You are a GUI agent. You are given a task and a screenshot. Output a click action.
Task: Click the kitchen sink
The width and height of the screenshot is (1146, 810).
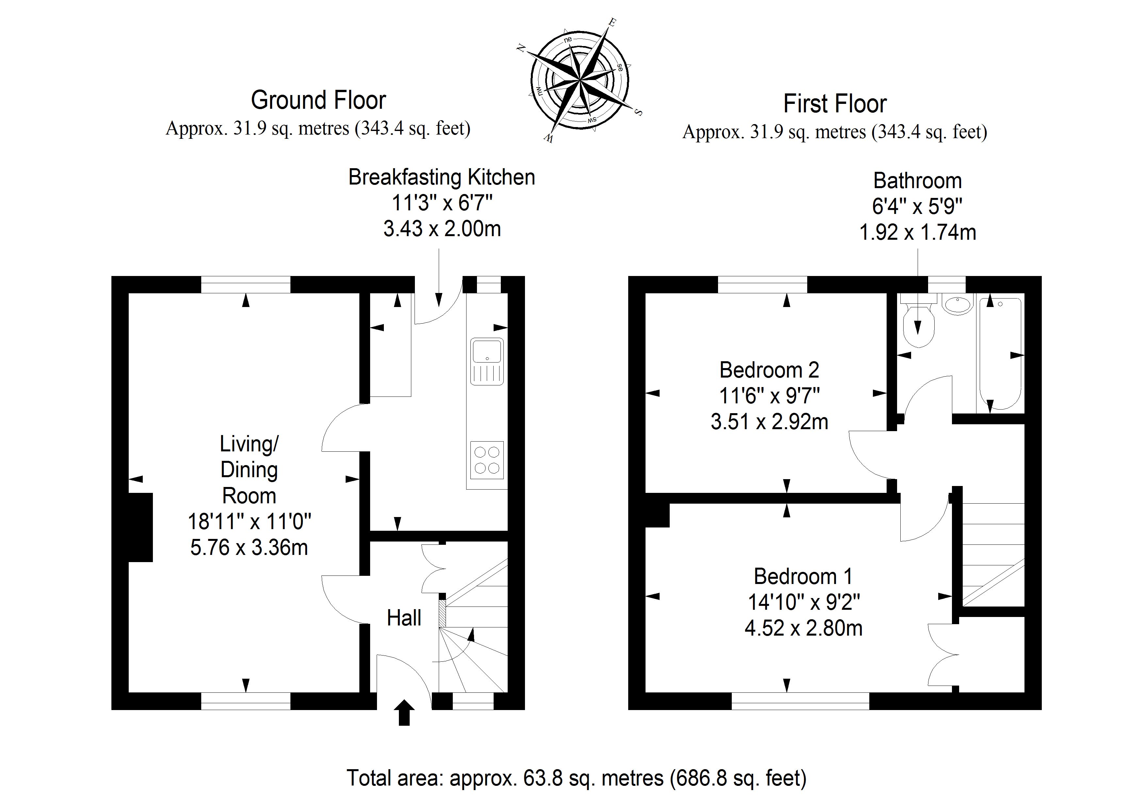487,361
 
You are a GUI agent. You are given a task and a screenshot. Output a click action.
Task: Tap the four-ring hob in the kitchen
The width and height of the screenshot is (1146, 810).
487,460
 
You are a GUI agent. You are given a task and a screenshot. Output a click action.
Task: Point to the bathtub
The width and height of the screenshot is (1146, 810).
1000,353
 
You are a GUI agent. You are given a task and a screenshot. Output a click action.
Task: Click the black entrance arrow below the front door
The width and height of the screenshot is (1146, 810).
404,712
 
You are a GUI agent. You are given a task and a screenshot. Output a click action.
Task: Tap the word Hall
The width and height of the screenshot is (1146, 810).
404,618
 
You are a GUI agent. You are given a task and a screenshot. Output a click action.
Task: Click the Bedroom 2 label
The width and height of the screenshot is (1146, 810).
769,370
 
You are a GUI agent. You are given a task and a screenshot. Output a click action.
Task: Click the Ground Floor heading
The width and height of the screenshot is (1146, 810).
319,100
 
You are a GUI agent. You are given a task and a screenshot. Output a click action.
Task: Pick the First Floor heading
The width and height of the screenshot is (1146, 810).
835,104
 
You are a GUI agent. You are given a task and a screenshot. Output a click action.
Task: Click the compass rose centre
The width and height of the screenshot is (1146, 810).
580,80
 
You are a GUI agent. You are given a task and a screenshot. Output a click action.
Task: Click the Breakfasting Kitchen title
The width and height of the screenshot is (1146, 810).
442,177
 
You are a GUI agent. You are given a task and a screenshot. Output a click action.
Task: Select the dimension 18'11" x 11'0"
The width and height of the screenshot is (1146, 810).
249,522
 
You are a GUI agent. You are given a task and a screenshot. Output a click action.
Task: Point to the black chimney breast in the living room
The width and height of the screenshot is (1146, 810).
141,527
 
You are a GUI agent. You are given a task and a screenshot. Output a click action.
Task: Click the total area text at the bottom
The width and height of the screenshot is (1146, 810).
577,778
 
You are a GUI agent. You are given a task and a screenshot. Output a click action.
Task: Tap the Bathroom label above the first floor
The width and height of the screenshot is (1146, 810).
917,181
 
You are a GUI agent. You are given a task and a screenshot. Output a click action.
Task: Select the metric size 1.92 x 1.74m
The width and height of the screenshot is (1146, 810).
917,233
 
